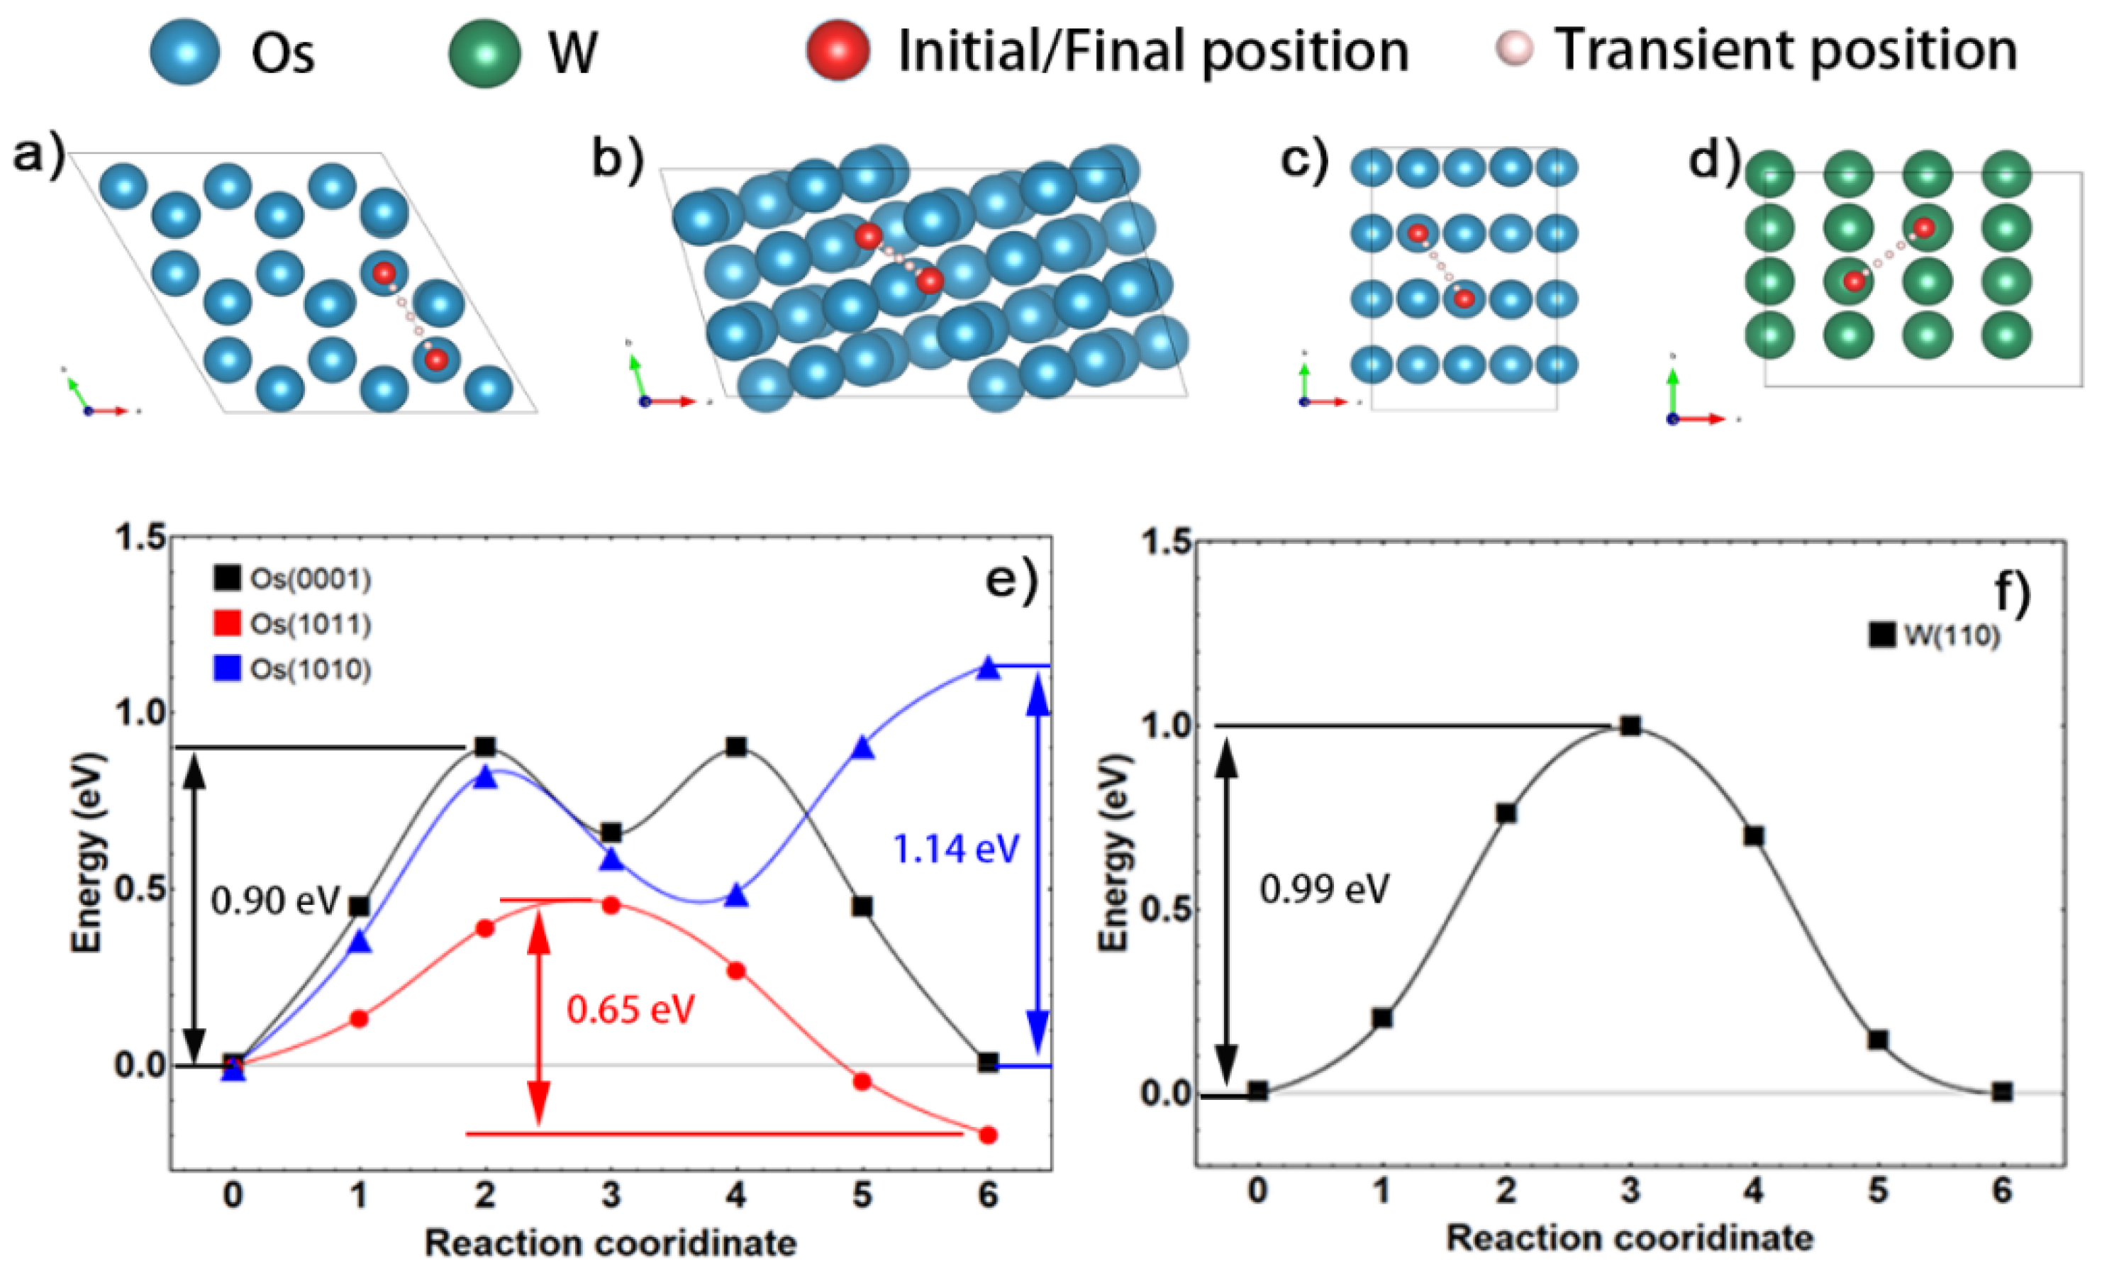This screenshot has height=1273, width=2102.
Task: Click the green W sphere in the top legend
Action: tap(484, 54)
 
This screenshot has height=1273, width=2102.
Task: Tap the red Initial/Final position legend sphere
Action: tap(838, 50)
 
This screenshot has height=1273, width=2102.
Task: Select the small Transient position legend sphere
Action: tap(1515, 49)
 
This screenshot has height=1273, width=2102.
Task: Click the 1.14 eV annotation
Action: tap(955, 849)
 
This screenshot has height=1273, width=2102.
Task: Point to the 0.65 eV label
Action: tap(630, 1009)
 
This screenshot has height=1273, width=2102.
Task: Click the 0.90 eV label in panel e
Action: tap(274, 900)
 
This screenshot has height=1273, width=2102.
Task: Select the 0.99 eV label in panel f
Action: tap(1324, 889)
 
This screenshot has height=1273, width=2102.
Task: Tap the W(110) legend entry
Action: tap(1935, 635)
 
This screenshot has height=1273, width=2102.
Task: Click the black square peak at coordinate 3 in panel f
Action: tap(1630, 726)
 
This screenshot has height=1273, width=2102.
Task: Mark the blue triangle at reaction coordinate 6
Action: tap(988, 668)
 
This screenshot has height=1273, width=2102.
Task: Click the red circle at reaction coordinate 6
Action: tap(988, 1135)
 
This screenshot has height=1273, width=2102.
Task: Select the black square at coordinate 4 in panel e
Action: tap(736, 747)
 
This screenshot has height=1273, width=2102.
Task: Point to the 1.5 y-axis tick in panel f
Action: tap(1165, 543)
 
